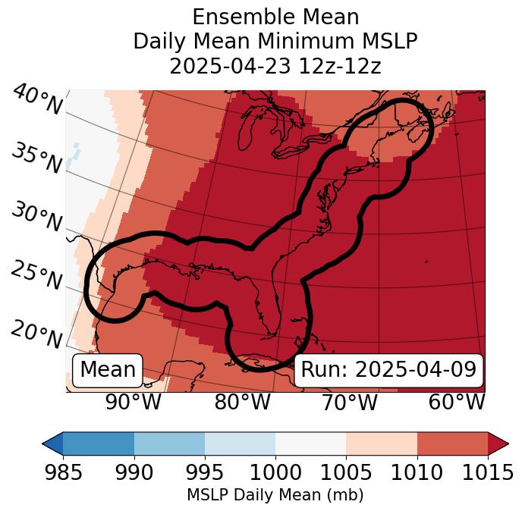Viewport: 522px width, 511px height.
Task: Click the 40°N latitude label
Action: pos(36,101)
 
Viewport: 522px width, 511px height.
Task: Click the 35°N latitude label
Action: pos(36,158)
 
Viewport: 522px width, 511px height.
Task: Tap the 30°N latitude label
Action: pos(36,218)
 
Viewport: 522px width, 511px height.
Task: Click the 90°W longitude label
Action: pos(134,403)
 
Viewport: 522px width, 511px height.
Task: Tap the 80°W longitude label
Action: pos(242,403)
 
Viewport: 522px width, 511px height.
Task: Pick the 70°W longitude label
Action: pos(349,403)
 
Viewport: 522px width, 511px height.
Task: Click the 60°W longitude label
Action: pos(456,403)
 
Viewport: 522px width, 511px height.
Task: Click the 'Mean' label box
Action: pos(108,370)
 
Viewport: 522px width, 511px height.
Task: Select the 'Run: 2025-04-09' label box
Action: pos(388,370)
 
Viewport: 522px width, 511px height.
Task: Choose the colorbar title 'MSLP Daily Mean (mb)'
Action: pos(275,495)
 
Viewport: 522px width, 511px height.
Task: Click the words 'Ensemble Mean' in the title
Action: pos(275,17)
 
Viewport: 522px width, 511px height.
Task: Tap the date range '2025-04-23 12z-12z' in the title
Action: pos(275,66)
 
